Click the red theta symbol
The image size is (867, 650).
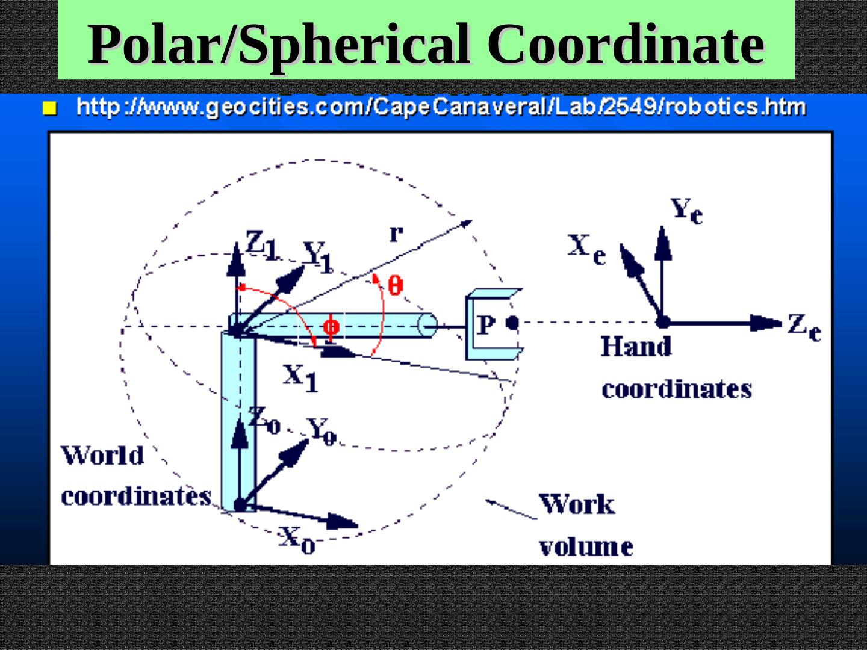[395, 284]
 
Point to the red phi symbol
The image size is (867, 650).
[331, 327]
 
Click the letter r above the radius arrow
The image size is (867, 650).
[396, 233]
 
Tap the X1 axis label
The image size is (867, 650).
[300, 378]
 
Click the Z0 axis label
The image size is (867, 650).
[264, 419]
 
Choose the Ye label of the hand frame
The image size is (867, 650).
[686, 211]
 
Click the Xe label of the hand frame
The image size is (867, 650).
[586, 249]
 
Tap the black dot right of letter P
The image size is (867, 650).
[512, 323]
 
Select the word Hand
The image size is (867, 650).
[636, 347]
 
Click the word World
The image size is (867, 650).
[102, 456]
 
